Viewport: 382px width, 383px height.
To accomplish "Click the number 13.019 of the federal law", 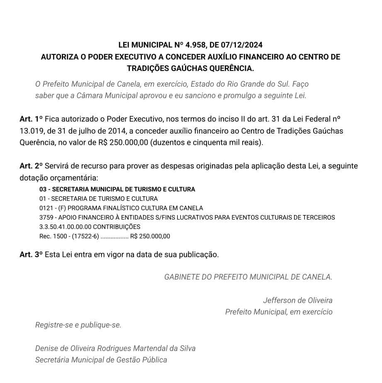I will pyautogui.click(x=30, y=131).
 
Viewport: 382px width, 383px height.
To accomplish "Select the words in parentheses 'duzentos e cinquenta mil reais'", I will pyautogui.click(x=206, y=143).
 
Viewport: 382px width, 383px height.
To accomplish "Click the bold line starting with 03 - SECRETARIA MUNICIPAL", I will pyautogui.click(x=117, y=189).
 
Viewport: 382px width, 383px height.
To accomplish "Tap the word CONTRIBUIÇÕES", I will pyautogui.click(x=117, y=227).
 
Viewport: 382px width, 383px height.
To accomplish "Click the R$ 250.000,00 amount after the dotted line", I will pyautogui.click(x=150, y=237).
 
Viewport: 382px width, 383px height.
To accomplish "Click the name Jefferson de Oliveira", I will pyautogui.click(x=297, y=300).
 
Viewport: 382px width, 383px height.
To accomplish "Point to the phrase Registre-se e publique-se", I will pyautogui.click(x=78, y=325).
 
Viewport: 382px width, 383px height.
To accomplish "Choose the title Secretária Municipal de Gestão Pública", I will pyautogui.click(x=101, y=360).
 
